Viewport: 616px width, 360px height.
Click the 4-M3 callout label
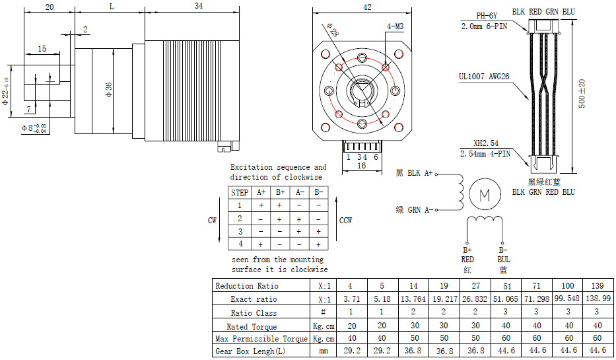point(395,26)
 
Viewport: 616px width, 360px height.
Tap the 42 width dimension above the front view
point(367,7)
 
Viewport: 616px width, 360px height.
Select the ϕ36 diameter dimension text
point(110,90)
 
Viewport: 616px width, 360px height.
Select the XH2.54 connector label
point(485,143)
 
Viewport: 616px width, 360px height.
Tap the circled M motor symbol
point(485,194)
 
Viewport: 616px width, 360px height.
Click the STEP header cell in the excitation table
point(240,192)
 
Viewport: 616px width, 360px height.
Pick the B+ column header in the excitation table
point(280,192)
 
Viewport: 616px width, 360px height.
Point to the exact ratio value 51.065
point(506,299)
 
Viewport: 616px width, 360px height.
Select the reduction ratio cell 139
point(597,285)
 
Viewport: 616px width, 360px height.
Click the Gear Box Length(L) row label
point(250,351)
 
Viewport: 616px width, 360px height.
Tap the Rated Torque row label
point(252,326)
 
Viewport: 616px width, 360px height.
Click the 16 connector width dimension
point(362,166)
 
